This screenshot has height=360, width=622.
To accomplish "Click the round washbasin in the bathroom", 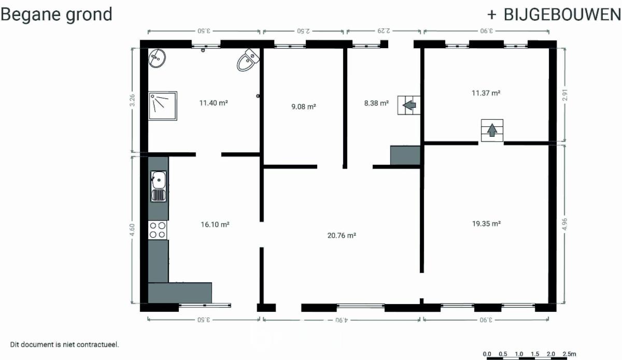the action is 157,59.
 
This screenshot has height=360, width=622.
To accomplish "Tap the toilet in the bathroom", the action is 248,60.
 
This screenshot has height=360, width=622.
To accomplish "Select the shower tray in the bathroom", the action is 163,106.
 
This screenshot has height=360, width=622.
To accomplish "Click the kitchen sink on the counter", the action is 159,186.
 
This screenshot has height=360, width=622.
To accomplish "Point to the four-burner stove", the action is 158,230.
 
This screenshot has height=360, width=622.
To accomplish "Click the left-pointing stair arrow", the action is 409,105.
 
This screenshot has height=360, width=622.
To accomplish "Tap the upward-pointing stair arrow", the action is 492,130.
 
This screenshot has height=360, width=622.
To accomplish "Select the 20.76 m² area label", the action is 342,235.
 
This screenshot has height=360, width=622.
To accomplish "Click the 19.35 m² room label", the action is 487,223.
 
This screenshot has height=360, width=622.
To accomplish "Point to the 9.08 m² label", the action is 304,107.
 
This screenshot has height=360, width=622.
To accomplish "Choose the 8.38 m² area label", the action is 376,103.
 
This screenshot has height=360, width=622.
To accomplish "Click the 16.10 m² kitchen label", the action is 215,224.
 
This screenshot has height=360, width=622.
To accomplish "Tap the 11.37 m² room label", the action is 486,93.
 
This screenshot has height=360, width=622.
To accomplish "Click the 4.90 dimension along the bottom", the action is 341,320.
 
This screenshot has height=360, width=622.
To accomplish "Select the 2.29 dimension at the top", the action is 384,31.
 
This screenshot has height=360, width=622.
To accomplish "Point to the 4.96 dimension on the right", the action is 564,224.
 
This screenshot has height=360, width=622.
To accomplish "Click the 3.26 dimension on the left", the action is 132,100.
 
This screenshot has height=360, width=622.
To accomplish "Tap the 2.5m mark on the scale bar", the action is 569,354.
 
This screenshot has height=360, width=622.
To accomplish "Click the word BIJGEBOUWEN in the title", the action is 562,15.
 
